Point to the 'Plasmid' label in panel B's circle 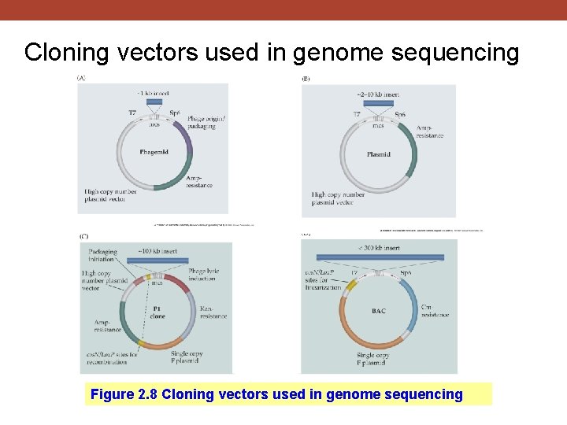378,154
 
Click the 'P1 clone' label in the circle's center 157,312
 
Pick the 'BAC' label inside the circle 379,311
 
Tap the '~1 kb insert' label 154,93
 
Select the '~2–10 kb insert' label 378,94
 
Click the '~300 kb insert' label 378,248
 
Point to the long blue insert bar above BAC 379,257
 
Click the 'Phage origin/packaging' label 206,122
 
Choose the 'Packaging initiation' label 102,256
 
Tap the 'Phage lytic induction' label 203,275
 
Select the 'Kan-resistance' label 213,312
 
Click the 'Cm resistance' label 435,311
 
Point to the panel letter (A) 81,78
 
